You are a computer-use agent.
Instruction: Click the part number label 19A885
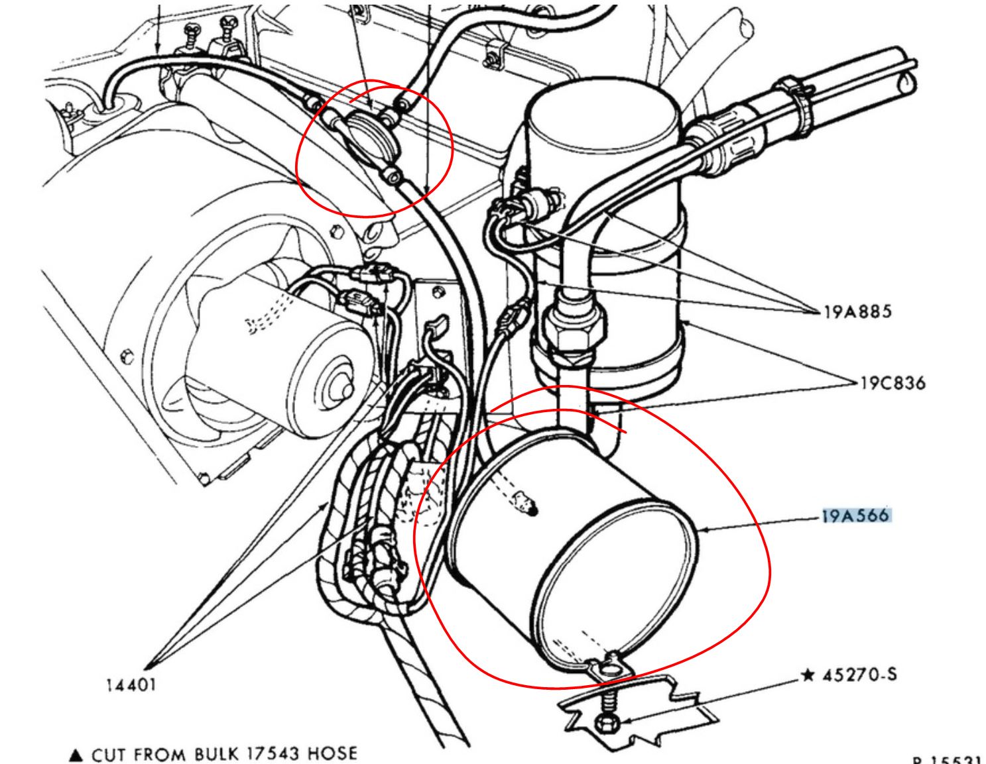click(x=857, y=311)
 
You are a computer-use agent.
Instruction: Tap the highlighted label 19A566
click(x=855, y=516)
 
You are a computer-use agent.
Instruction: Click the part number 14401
click(x=131, y=684)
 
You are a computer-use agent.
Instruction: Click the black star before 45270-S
click(x=807, y=675)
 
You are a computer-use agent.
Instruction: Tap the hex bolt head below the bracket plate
click(x=605, y=722)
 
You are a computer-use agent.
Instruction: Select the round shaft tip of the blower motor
click(x=344, y=389)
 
